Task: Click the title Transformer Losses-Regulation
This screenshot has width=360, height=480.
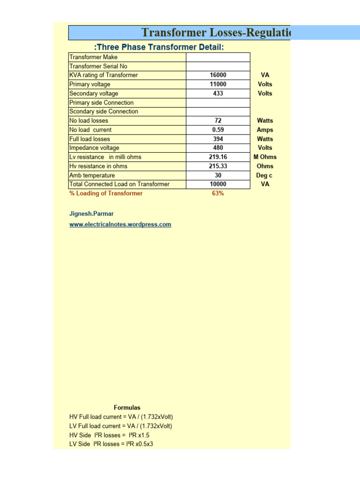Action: tap(216, 33)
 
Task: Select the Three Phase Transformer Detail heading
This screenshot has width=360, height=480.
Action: tap(159, 47)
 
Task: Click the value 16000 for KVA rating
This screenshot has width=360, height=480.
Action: tap(218, 75)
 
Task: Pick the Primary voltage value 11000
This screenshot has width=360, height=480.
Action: tap(218, 84)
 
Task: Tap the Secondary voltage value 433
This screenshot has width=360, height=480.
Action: tap(218, 93)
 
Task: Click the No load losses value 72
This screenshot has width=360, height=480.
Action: tap(218, 121)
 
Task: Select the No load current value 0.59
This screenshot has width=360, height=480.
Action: tap(218, 130)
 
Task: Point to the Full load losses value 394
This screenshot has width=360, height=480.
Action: tap(218, 139)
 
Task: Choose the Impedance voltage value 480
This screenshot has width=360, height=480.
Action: tap(218, 148)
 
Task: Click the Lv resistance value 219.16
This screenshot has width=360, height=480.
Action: tap(218, 157)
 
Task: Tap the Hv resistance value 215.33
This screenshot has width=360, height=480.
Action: tap(218, 166)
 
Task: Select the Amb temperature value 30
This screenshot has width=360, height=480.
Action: tap(218, 175)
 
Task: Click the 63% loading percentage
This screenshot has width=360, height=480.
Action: tap(218, 194)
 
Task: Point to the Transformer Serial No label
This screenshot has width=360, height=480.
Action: tap(98, 66)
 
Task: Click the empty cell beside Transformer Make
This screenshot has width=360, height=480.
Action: tap(218, 57)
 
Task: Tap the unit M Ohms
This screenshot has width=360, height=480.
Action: tap(265, 157)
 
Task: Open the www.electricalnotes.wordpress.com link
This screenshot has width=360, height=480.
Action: tap(120, 225)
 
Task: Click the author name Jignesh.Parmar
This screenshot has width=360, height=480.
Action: tap(91, 214)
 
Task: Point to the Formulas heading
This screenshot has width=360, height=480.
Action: tap(127, 408)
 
